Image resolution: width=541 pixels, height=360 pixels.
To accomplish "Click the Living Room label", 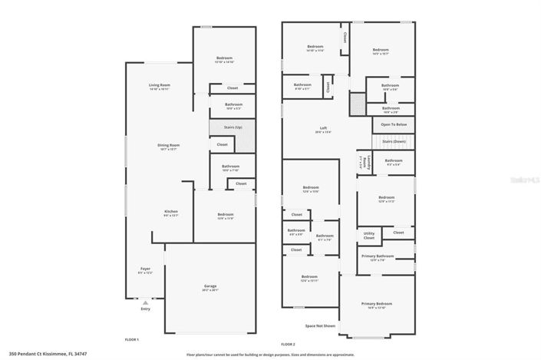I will click(160, 84).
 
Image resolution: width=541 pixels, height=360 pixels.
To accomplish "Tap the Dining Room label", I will click(169, 144).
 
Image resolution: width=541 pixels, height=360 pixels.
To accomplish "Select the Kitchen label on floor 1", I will click(171, 212).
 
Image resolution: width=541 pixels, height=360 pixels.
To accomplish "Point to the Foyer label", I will click(145, 269).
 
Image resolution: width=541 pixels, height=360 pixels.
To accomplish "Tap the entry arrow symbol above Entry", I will click(145, 302).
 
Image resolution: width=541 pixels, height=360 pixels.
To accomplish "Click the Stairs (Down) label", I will click(394, 142).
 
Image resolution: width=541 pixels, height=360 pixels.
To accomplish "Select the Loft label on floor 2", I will click(324, 128).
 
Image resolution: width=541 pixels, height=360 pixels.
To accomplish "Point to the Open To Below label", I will click(394, 124).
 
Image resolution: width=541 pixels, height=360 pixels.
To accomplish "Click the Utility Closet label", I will click(369, 236).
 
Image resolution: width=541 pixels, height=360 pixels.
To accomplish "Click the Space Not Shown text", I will click(320, 326).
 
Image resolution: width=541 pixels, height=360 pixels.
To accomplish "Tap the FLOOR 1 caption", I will click(132, 339).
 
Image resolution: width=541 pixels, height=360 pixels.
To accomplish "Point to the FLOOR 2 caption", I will click(288, 344).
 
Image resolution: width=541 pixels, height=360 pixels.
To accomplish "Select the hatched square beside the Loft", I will click(357, 104).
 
